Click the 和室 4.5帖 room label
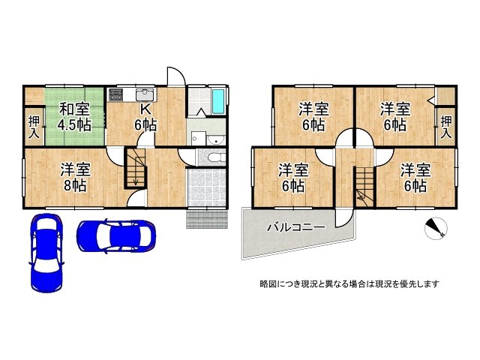75,117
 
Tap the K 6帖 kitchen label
145,117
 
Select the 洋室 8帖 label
75,178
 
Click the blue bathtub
218,100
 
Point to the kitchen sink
145,94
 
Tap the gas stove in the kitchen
116,94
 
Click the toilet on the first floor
216,158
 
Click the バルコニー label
296,228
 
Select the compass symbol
436,228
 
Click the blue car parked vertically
46,253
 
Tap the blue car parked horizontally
116,236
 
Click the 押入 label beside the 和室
34,127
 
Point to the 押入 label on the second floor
446,127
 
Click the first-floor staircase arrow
136,177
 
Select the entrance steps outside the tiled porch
207,219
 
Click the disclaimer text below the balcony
349,284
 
